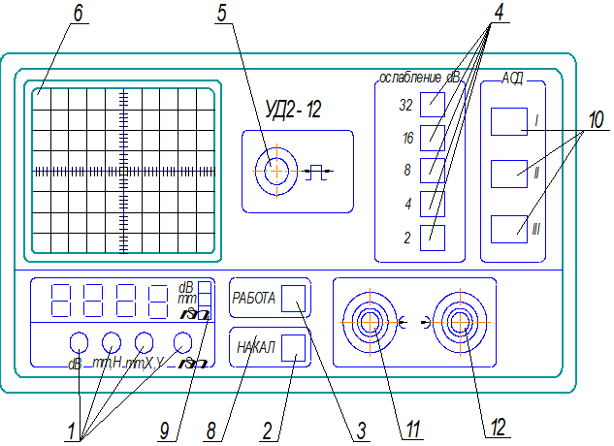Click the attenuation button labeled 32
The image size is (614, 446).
[x=433, y=104]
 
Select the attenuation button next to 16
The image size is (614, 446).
[x=433, y=138]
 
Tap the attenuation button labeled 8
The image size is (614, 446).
[x=433, y=171]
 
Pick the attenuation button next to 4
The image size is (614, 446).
[x=433, y=204]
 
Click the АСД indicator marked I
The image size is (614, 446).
[x=507, y=121]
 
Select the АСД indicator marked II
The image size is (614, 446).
[x=507, y=174]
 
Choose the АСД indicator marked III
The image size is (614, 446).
[x=507, y=229]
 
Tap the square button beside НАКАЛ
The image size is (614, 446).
[x=293, y=348]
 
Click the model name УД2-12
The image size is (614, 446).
[x=293, y=110]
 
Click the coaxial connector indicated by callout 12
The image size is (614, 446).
[x=456, y=322]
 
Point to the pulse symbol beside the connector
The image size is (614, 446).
[x=317, y=173]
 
